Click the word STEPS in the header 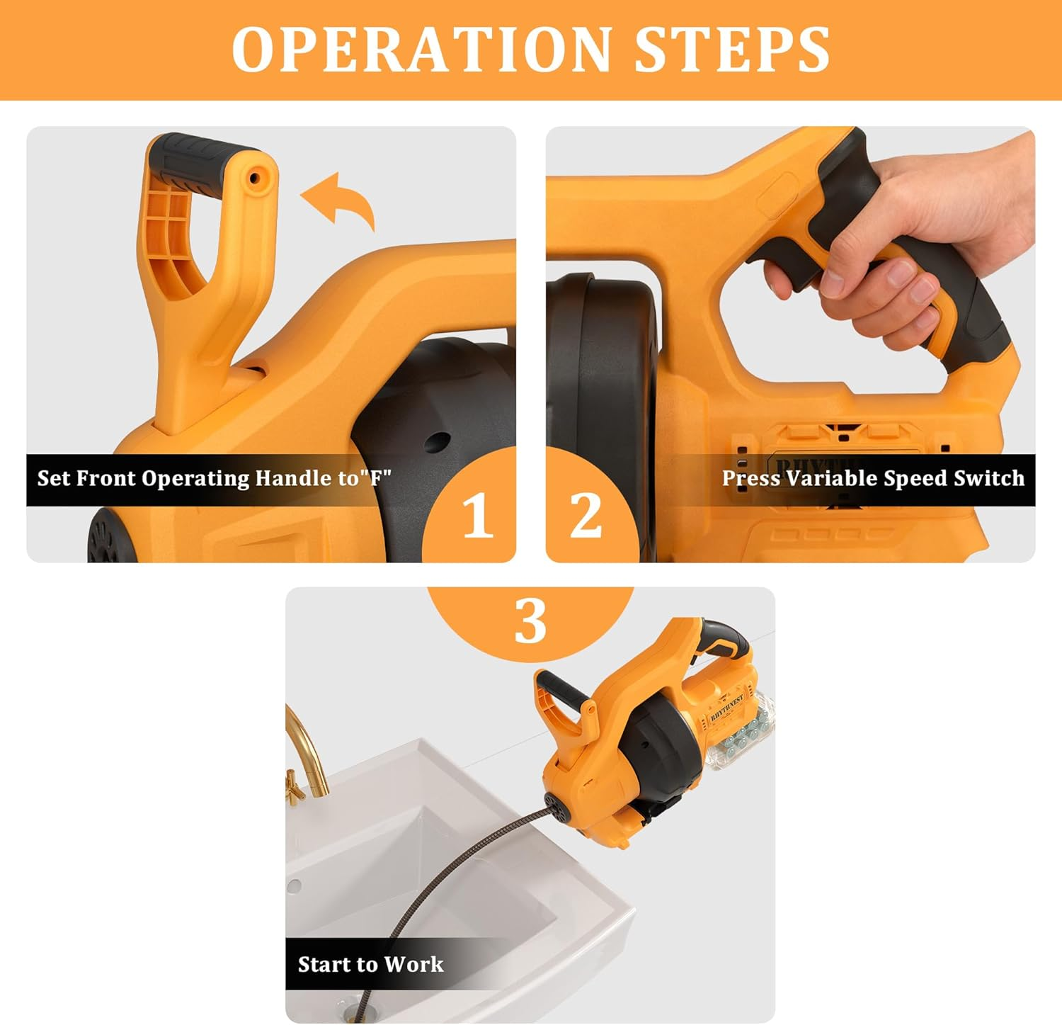click(732, 50)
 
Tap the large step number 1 click(477, 516)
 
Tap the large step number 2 click(586, 516)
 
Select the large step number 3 click(530, 621)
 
